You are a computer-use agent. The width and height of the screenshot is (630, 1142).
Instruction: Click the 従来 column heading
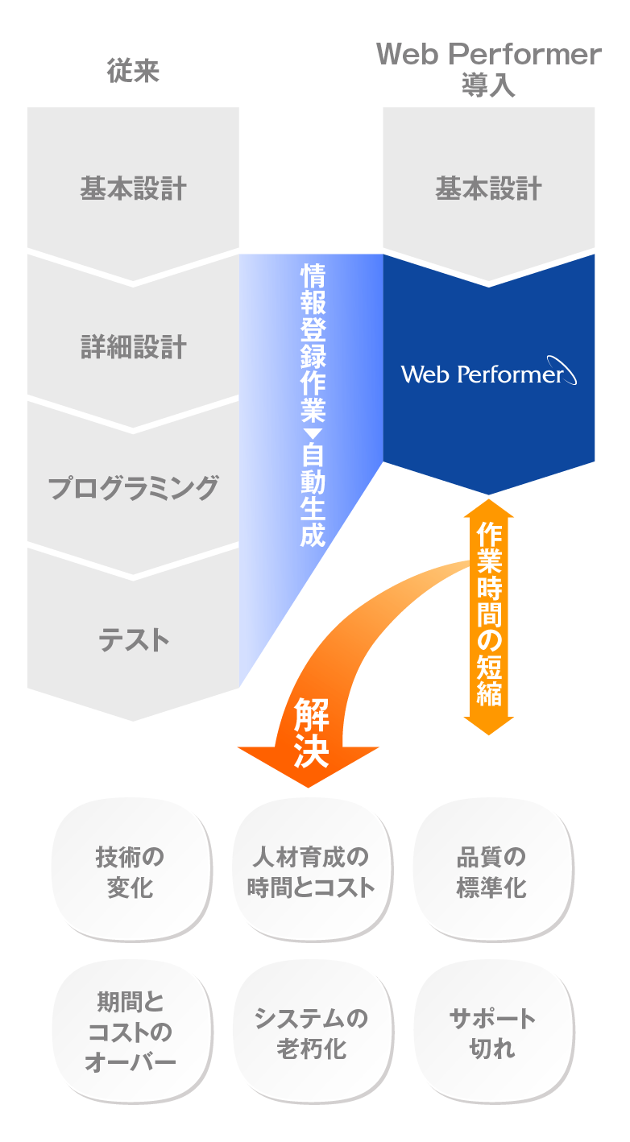[x=133, y=72]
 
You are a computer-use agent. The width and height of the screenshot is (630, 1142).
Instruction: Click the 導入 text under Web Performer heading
[x=488, y=85]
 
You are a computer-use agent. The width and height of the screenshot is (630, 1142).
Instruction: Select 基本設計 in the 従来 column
[x=133, y=189]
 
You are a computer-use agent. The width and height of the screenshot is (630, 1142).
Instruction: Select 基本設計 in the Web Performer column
[x=488, y=189]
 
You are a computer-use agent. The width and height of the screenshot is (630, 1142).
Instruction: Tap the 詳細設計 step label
[x=133, y=347]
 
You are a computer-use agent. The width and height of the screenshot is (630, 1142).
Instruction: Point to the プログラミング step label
[x=133, y=488]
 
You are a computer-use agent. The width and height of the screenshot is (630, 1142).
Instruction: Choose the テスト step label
[x=133, y=640]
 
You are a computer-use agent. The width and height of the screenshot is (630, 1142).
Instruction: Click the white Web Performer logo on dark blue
[x=488, y=373]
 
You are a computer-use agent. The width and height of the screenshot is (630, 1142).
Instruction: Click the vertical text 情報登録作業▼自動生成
[x=312, y=406]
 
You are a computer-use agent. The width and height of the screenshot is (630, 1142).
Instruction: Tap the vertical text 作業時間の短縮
[x=489, y=614]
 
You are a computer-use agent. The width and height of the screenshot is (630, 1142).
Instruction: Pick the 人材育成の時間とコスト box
[x=311, y=871]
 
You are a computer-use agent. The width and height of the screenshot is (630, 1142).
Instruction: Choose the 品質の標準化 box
[x=491, y=871]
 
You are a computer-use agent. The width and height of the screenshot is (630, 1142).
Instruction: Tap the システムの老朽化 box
[x=311, y=1032]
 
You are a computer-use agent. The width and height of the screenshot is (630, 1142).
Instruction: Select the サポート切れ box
[x=491, y=1032]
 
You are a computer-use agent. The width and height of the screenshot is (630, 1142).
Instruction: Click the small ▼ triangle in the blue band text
[x=312, y=434]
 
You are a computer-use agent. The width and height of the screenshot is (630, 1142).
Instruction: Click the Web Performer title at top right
[x=488, y=55]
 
